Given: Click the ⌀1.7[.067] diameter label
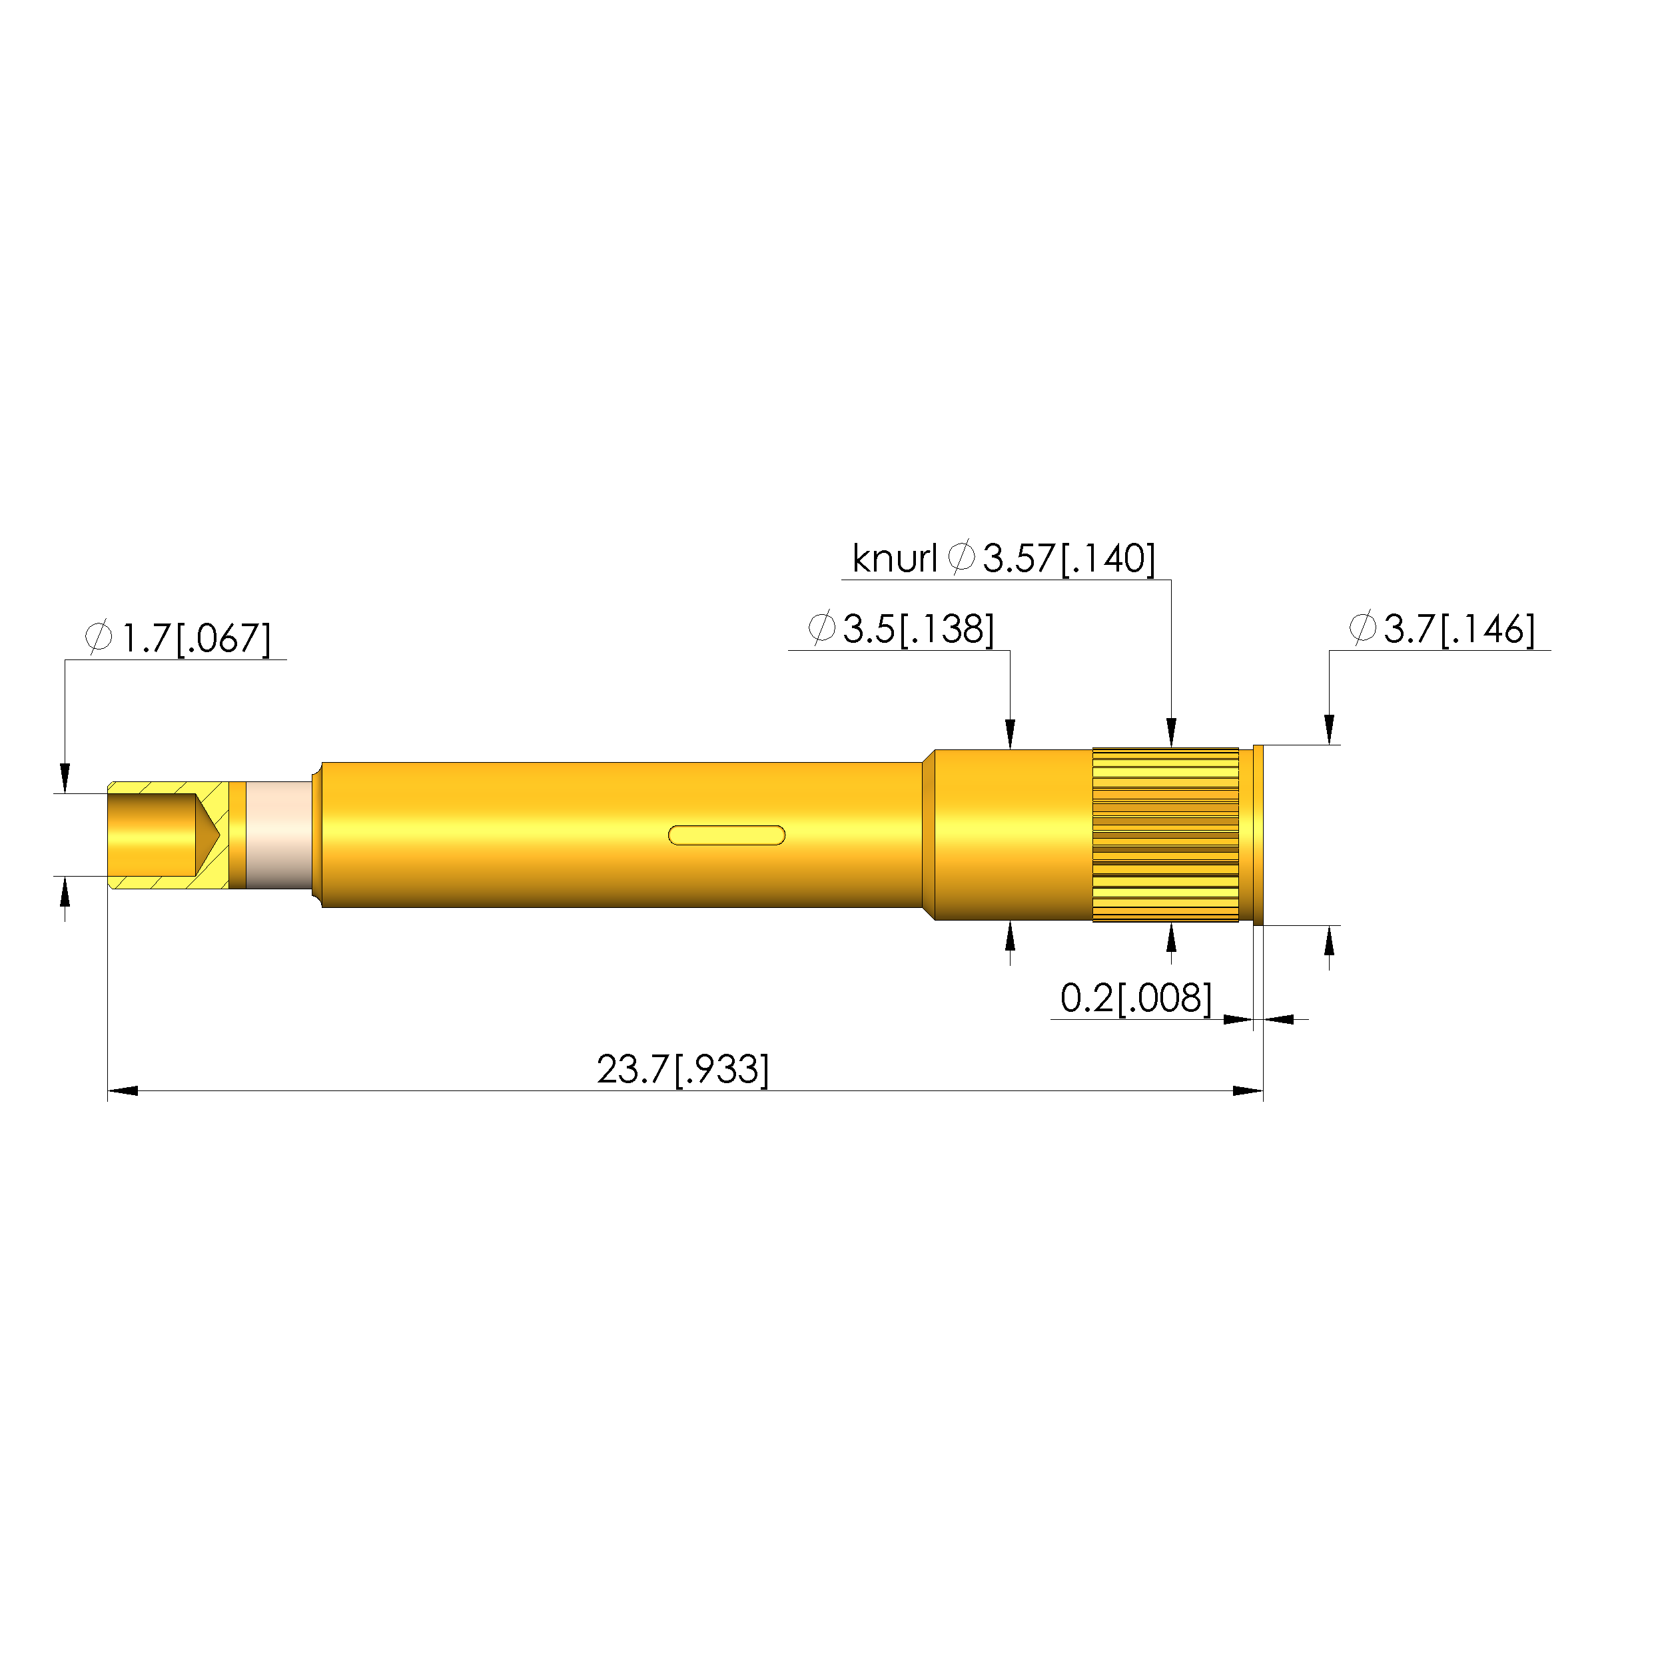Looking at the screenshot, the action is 178,638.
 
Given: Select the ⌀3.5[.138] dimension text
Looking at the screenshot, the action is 901,629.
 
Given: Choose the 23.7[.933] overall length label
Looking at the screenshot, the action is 683,1070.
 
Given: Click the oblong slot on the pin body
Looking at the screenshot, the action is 727,835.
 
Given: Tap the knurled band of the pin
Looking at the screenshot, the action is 1166,835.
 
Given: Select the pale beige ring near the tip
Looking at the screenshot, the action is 279,835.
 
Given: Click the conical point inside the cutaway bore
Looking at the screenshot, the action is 208,835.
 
